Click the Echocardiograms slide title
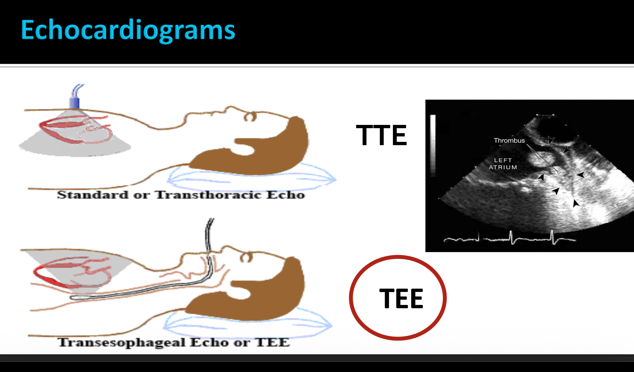(x=128, y=30)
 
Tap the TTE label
(x=381, y=135)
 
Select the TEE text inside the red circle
(x=401, y=298)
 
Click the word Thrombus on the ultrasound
(x=509, y=140)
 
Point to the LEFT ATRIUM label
(x=503, y=164)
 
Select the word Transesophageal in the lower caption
(x=121, y=342)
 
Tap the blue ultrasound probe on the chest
(x=75, y=102)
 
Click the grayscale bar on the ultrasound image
(x=433, y=144)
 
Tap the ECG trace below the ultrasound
(x=511, y=237)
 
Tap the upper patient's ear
(x=250, y=117)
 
